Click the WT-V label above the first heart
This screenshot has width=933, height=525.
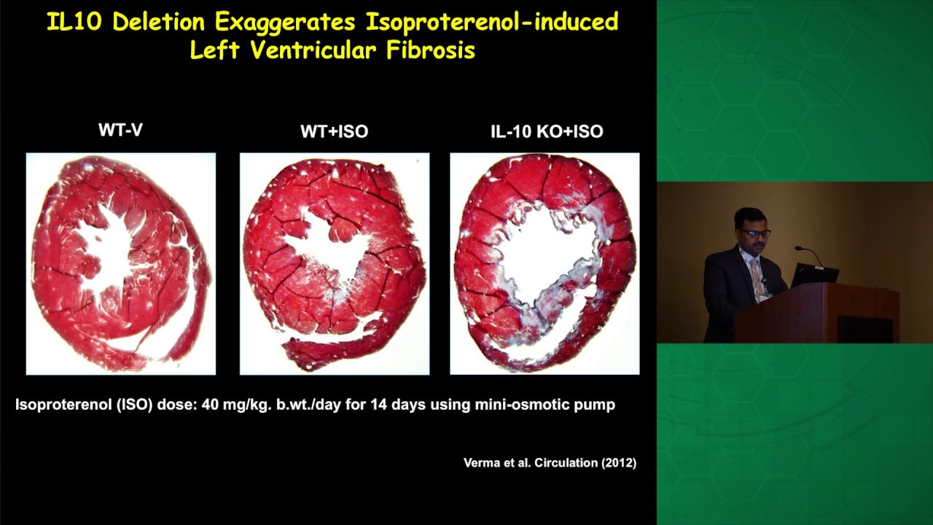pos(120,131)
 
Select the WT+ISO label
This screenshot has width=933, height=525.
pos(334,132)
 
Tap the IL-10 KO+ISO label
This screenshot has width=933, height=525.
pos(547,132)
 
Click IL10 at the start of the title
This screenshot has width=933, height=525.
pos(76,22)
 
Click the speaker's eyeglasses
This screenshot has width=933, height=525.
pos(754,233)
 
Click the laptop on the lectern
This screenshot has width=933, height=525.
pos(814,275)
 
